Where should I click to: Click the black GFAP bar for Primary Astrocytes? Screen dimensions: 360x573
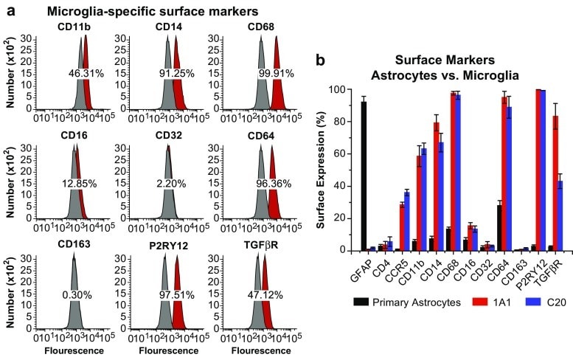coord(364,177)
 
